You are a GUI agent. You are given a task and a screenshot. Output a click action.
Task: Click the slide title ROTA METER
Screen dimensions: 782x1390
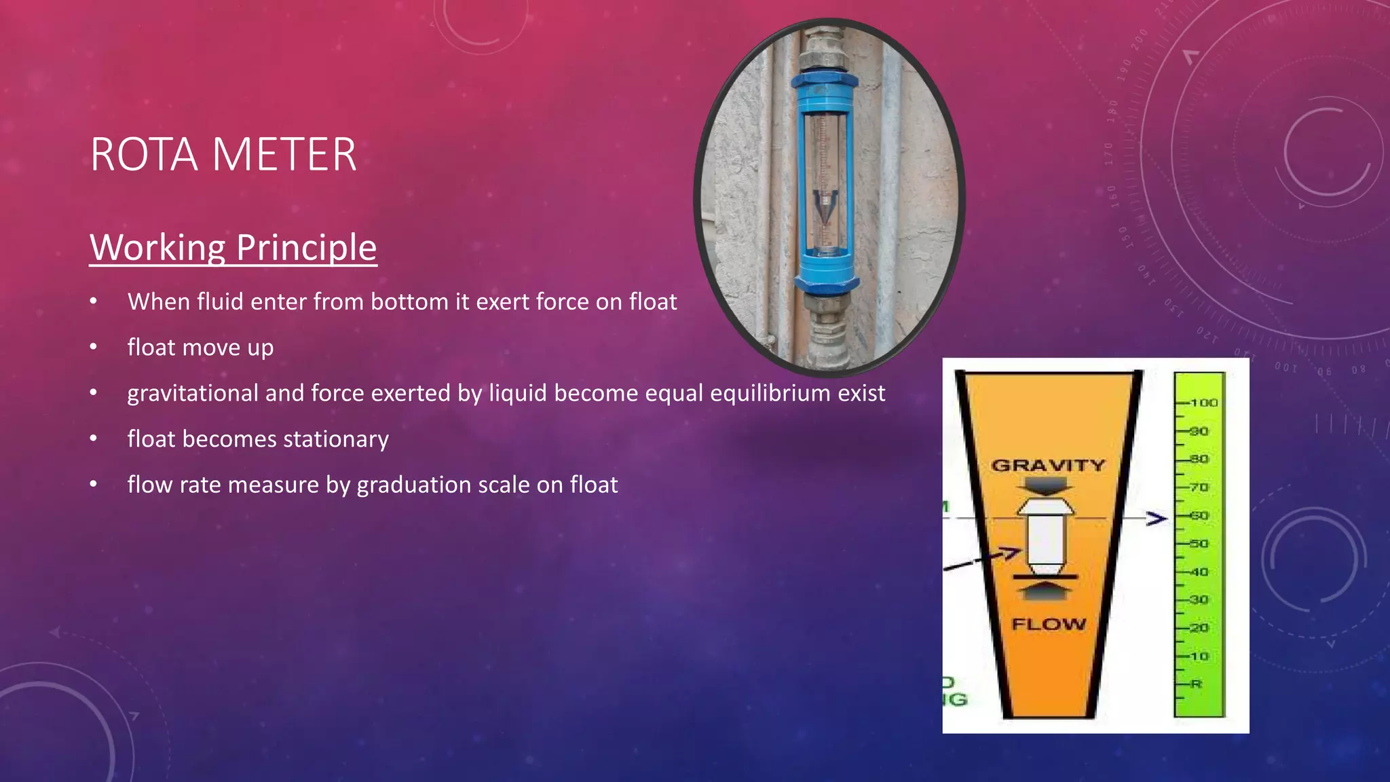point(223,155)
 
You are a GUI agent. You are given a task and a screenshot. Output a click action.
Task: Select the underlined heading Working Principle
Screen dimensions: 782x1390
point(233,247)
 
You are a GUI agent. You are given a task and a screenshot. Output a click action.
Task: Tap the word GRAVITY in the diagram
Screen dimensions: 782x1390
point(1048,466)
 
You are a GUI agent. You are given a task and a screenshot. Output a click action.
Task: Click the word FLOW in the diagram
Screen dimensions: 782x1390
point(1049,624)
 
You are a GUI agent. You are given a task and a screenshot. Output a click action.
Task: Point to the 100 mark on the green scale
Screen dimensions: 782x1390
point(1203,403)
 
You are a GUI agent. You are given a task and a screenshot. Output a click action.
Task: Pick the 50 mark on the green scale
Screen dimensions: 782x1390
point(1199,544)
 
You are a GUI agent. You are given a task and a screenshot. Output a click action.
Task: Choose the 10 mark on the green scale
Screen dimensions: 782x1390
point(1199,656)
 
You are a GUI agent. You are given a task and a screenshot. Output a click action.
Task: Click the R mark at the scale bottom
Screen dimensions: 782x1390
point(1196,684)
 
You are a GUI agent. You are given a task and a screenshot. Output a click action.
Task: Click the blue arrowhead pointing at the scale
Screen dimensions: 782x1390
point(1157,519)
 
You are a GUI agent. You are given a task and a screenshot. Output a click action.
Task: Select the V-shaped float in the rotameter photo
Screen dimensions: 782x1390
point(825,207)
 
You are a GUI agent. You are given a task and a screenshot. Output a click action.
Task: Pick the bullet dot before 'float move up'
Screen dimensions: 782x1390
point(94,348)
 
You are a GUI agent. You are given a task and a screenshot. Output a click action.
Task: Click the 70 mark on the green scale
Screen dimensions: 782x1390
point(1199,487)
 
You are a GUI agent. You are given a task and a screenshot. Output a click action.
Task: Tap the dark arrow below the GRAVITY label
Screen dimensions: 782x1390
point(1045,485)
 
